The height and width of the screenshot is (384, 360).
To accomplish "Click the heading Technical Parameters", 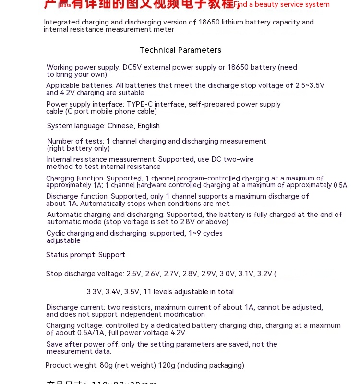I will pyautogui.click(x=180, y=50).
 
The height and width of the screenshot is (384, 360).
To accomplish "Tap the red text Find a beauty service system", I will pyautogui.click(x=282, y=5).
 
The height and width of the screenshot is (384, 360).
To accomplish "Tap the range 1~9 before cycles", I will pyautogui.click(x=194, y=233).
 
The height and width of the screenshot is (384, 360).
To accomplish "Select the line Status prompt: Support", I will pyautogui.click(x=85, y=255).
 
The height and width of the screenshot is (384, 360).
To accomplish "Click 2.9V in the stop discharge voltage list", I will pyautogui.click(x=208, y=274).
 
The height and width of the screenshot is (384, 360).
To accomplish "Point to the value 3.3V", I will pyautogui.click(x=95, y=292).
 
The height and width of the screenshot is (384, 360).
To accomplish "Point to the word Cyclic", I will pyautogui.click(x=56, y=233).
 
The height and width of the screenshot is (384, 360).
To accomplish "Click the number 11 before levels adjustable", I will pyautogui.click(x=147, y=292).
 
